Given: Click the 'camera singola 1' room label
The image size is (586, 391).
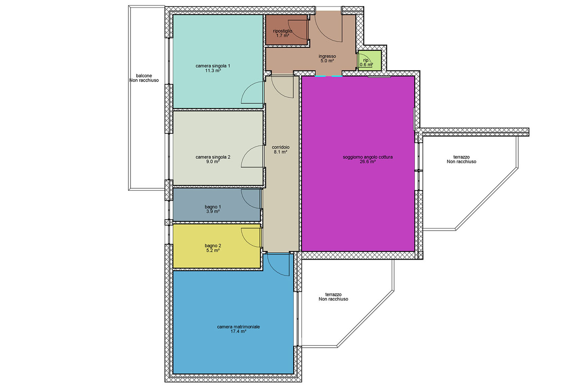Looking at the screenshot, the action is click(213, 66).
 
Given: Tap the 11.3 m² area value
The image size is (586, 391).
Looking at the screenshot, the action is click(213, 71).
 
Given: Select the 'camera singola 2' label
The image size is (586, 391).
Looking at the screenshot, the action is click(213, 157).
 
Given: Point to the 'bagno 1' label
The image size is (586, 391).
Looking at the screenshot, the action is click(213, 207).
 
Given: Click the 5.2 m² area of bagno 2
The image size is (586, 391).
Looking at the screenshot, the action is click(213, 250).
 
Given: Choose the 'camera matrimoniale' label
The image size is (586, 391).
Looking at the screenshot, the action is click(238, 327).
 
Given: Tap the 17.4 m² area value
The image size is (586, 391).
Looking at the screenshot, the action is click(238, 331).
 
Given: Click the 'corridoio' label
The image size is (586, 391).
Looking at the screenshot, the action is click(280, 147).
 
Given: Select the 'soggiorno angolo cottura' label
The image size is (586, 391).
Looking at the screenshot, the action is click(367, 157).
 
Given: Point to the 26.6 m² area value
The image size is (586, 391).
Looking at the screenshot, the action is click(368, 162).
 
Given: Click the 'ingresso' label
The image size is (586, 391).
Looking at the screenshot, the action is click(327, 56).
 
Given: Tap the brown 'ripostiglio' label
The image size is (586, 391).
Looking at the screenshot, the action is click(282, 31).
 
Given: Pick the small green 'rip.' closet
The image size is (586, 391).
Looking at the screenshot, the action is click(370, 61).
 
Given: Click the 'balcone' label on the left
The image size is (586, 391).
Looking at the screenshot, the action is click(144, 76).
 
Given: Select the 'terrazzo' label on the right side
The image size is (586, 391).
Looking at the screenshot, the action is click(461, 157).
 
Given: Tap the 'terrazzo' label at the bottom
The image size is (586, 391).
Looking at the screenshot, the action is click(333, 294).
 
